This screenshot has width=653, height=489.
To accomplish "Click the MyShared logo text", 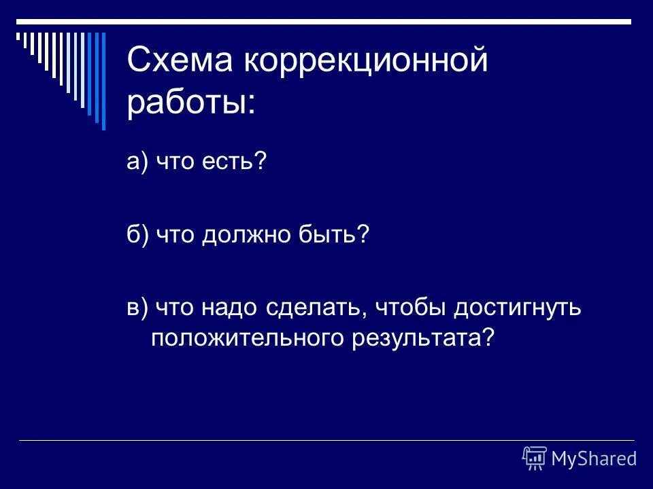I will [x=594, y=458].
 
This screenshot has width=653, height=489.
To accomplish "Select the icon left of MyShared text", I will [x=535, y=458].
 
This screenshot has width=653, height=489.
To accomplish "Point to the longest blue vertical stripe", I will [x=103, y=80].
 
